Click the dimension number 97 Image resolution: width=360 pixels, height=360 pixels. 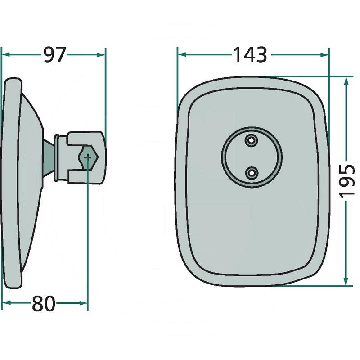click(x=55, y=54)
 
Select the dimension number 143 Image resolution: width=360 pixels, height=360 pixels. click(x=250, y=54)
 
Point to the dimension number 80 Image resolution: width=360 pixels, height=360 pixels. click(x=44, y=303)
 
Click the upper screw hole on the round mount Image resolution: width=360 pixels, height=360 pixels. click(x=252, y=140)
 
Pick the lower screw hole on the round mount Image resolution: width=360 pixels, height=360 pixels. click(x=252, y=173)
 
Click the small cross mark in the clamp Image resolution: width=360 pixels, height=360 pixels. click(x=88, y=157)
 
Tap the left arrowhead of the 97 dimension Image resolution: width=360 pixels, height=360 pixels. click(x=6, y=54)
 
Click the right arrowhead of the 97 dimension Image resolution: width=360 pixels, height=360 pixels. click(x=100, y=54)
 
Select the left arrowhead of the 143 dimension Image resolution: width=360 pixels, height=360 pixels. click(x=182, y=54)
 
